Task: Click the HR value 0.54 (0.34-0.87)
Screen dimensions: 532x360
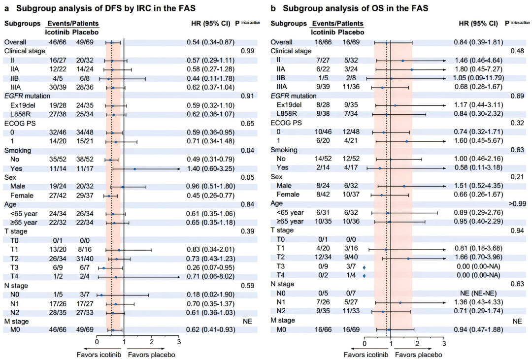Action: tap(210, 42)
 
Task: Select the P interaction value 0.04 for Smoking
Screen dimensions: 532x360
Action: tap(247, 150)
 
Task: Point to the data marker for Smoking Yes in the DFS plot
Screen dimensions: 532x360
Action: tap(134, 168)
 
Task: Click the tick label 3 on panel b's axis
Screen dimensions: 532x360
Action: tap(444, 343)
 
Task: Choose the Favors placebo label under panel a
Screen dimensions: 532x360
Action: tap(151, 355)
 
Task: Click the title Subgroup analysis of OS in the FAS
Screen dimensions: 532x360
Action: tap(355, 8)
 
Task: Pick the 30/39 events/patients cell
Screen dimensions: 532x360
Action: tap(58, 87)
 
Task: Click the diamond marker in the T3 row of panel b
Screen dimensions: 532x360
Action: tap(364, 267)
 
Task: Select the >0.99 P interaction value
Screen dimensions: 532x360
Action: tap(517, 203)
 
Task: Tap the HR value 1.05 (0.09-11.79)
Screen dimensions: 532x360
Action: tap(479, 78)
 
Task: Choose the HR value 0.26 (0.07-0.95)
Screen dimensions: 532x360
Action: tap(210, 267)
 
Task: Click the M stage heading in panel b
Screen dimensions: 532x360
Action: tap(283, 320)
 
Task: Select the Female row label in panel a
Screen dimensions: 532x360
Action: tap(22, 196)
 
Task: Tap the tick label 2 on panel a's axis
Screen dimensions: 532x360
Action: tap(152, 342)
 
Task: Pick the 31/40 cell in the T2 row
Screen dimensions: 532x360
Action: tap(85, 259)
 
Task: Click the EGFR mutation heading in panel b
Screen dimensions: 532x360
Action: tap(294, 96)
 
